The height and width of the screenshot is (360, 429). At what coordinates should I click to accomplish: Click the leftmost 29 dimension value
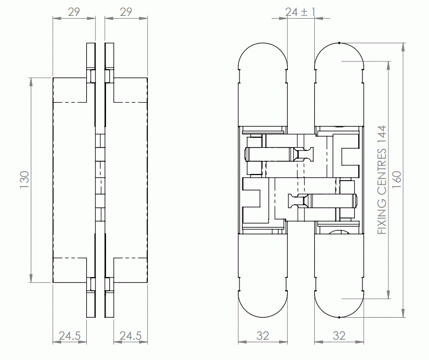coord(74,12)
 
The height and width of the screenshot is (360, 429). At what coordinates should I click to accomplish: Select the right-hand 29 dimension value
coord(126,12)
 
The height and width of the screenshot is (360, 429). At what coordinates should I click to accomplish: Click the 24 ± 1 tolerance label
coord(300,12)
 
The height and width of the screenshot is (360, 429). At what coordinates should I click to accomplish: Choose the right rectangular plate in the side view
coord(129,180)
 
